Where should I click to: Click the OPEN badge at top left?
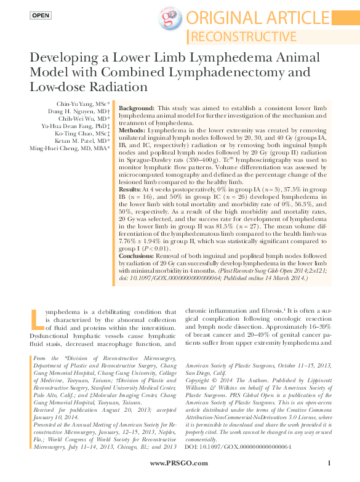coord(41,15)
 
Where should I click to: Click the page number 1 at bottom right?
coord(330,463)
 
